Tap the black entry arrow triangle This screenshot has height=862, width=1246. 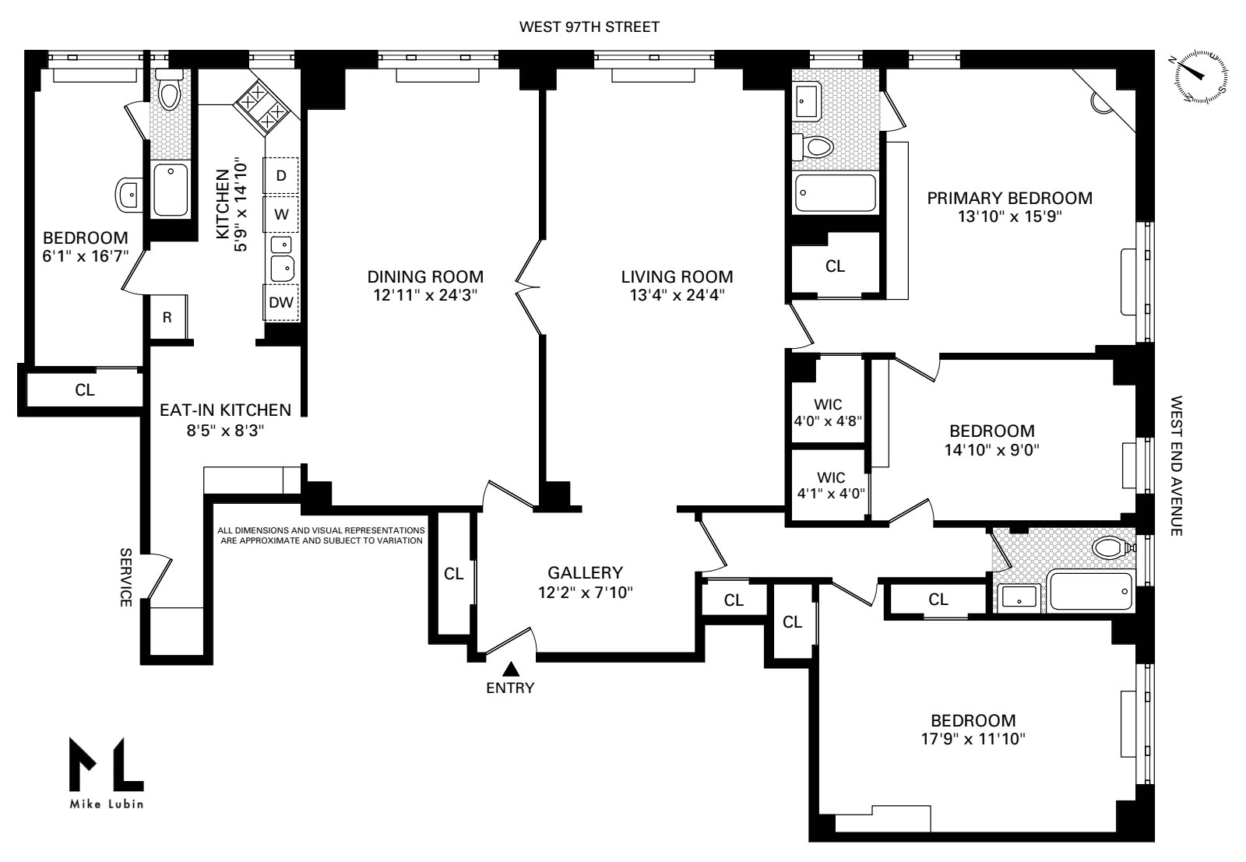point(511,669)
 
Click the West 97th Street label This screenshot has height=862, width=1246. point(589,27)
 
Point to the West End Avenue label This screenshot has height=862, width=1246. point(1176,466)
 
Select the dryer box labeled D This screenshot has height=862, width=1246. point(280,176)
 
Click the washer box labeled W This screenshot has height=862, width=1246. point(280,213)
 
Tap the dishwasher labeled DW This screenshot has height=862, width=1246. point(280,302)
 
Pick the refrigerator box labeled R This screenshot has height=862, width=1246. point(167,317)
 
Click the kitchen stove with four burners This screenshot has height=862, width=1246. point(263,108)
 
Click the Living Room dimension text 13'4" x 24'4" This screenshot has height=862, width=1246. point(677,295)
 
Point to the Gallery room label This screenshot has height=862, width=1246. point(585,572)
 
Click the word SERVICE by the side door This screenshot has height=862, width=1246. point(125,577)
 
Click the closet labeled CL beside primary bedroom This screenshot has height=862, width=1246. point(835,266)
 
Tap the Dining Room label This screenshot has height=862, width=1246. point(425,276)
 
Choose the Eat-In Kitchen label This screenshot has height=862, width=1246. point(225,410)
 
